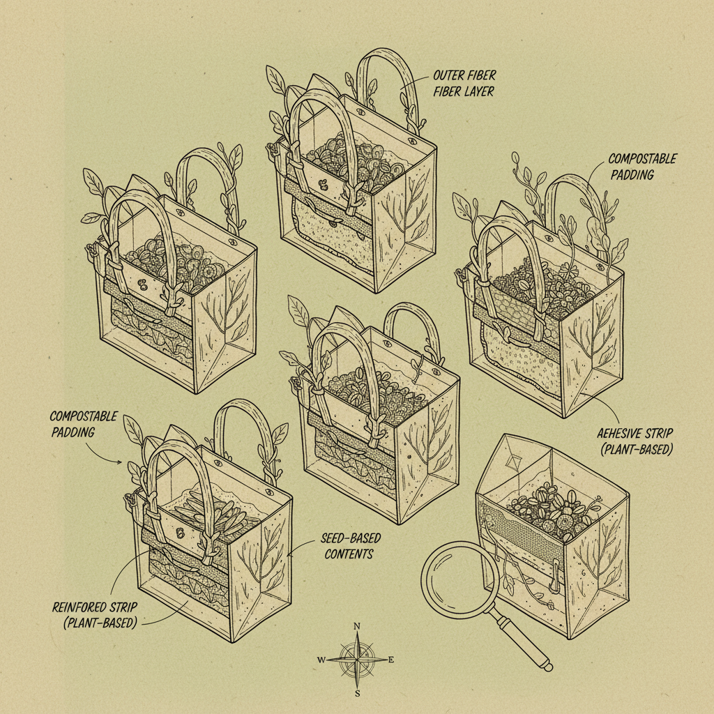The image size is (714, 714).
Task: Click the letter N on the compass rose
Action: pyautogui.click(x=357, y=625)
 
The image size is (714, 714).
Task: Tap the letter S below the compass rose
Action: pyautogui.click(x=357, y=693)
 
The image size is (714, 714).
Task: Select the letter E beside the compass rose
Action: pyautogui.click(x=391, y=660)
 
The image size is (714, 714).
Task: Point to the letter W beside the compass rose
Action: pyautogui.click(x=321, y=660)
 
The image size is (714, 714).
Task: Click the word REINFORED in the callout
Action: pyautogui.click(x=78, y=607)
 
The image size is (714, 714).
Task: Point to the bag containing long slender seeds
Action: pyautogui.click(x=209, y=530)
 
